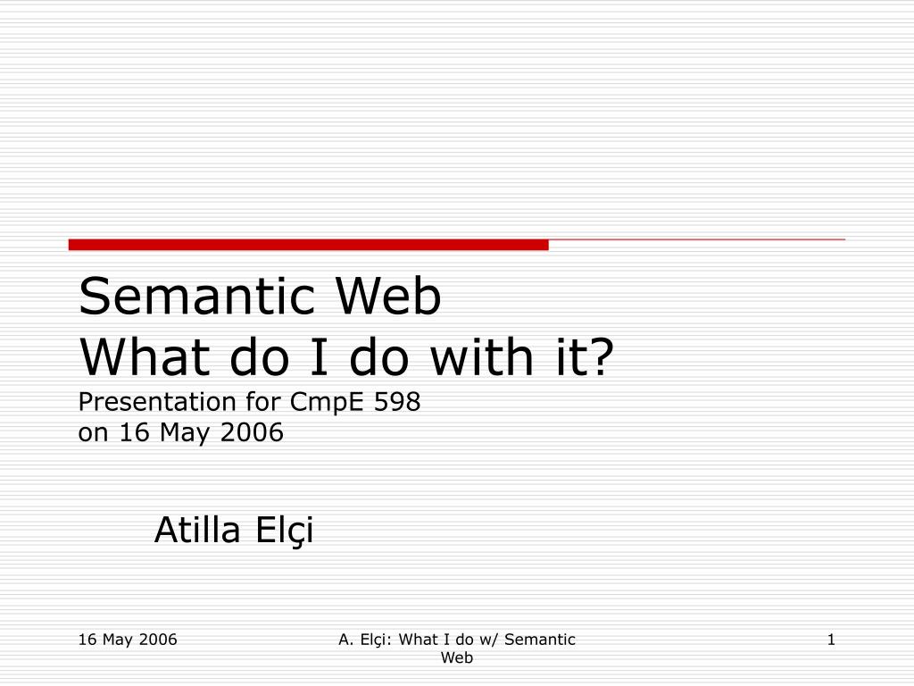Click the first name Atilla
pyautogui.click(x=198, y=531)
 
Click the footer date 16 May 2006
pyautogui.click(x=128, y=639)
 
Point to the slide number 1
pyautogui.click(x=830, y=639)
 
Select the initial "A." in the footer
pyautogui.click(x=347, y=639)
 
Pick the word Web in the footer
pyautogui.click(x=457, y=658)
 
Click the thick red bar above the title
pyautogui.click(x=308, y=245)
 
